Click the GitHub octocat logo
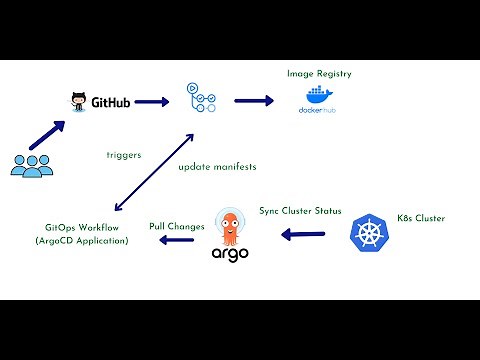point(79,101)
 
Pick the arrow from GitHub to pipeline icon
point(151,102)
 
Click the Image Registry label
point(318,73)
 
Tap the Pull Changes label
point(177,226)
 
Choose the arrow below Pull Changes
point(177,241)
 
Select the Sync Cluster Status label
point(300,211)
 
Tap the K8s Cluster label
point(419,217)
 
